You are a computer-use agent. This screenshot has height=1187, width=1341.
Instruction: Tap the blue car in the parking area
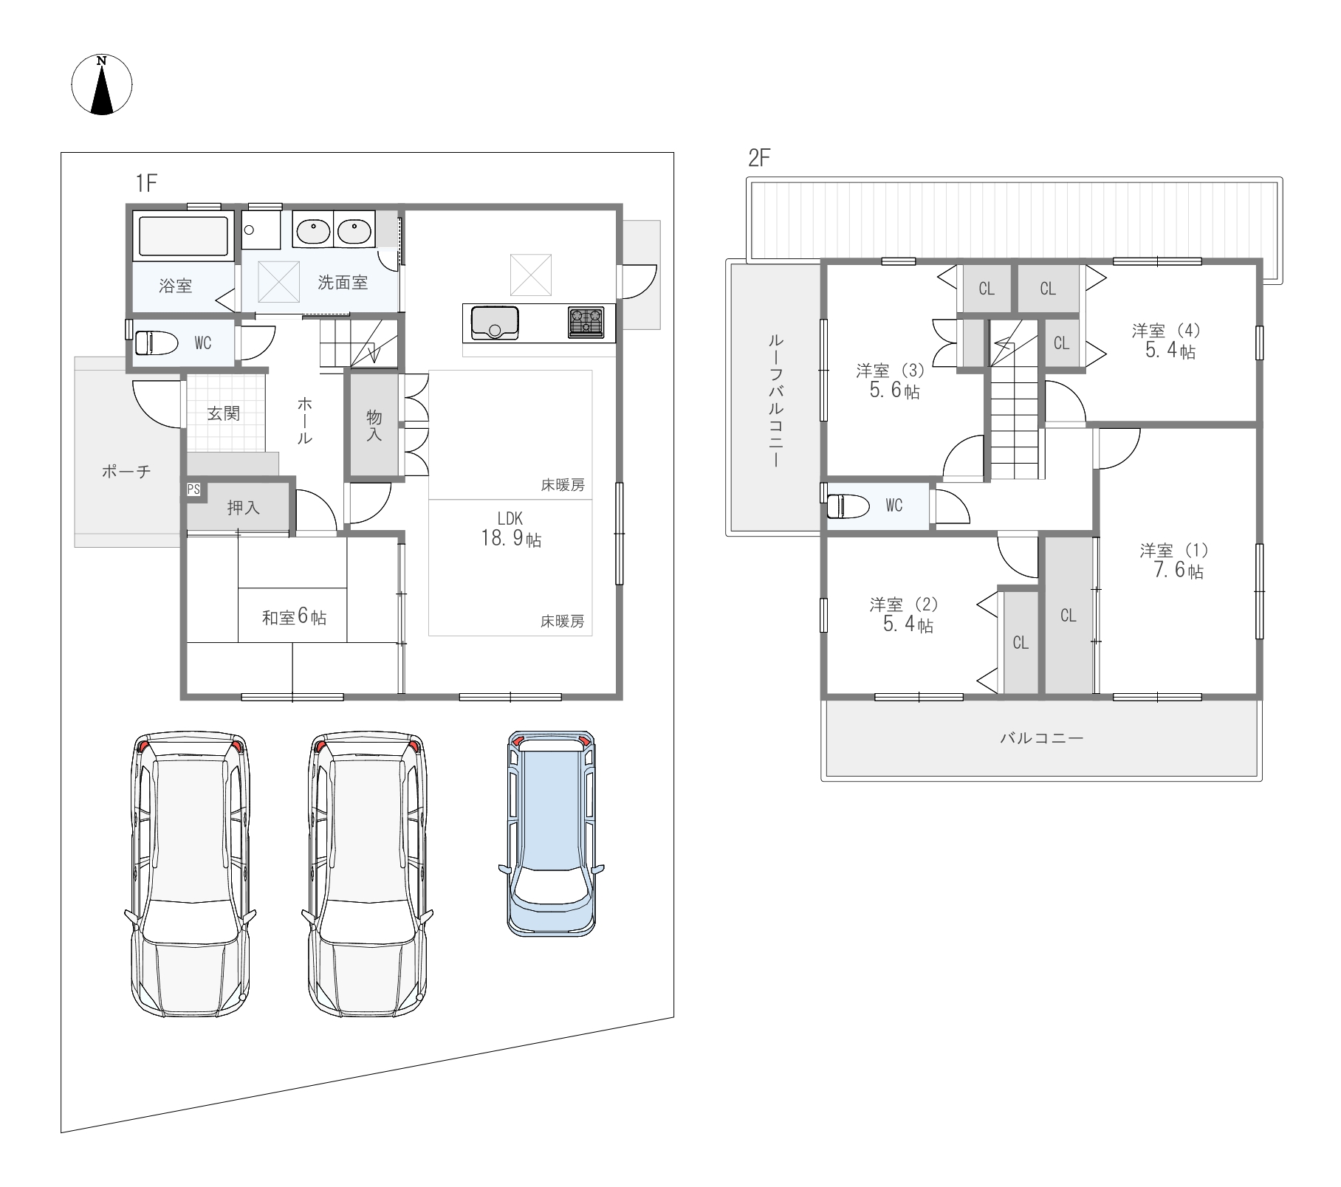(552, 833)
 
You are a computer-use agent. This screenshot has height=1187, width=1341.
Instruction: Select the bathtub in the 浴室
(183, 236)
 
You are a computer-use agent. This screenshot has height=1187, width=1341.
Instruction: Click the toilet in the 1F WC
(157, 343)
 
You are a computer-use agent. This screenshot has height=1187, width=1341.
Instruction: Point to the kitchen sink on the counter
(495, 323)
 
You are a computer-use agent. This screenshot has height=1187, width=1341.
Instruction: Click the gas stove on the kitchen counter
(586, 323)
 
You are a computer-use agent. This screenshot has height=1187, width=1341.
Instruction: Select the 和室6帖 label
(294, 617)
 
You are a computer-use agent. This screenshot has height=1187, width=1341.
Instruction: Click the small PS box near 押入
(193, 489)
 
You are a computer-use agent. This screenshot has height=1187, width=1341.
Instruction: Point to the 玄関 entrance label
(223, 413)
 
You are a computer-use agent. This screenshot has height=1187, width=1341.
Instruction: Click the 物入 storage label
(374, 425)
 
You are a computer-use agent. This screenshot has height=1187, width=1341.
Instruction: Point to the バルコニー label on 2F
(1042, 737)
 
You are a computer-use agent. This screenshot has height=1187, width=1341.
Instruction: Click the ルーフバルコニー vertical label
(775, 400)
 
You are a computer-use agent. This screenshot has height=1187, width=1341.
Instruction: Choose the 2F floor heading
(759, 158)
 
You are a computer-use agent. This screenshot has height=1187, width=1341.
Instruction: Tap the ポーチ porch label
(126, 471)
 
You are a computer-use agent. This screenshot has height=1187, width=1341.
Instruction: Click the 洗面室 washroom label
(343, 282)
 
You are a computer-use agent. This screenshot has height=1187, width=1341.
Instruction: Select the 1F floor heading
(146, 183)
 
